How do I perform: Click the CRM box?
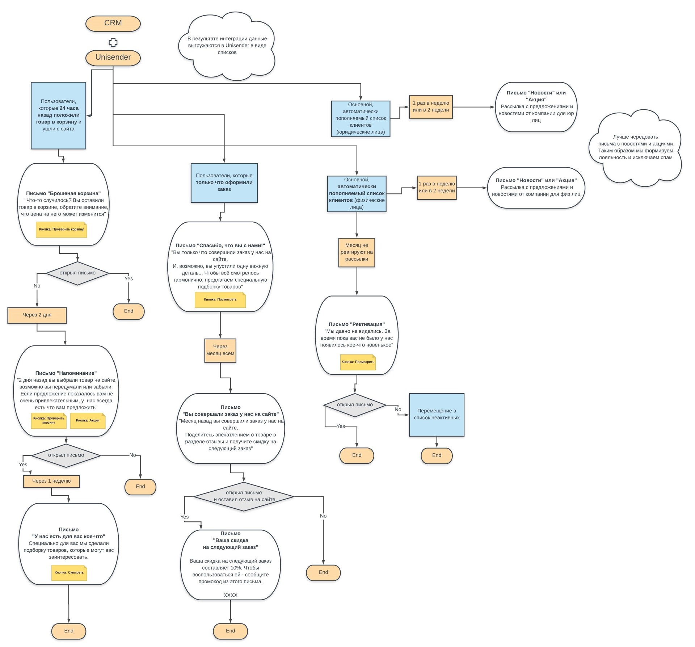(x=113, y=24)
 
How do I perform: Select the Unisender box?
(x=113, y=58)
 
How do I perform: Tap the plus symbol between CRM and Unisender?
(x=113, y=42)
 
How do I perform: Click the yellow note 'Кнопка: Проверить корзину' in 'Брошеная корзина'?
(x=62, y=230)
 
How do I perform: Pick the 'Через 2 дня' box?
(x=37, y=315)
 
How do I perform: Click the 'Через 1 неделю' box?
(x=51, y=481)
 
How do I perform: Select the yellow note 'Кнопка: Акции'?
(x=88, y=421)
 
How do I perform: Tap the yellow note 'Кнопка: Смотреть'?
(x=69, y=573)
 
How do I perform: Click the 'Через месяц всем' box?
(x=220, y=350)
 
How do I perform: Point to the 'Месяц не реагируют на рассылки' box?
(x=357, y=252)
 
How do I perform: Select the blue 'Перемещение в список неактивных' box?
(x=437, y=415)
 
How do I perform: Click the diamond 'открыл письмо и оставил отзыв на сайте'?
(x=244, y=496)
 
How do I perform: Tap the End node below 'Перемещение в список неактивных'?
(x=437, y=455)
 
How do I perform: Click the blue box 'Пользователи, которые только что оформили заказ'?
(x=224, y=183)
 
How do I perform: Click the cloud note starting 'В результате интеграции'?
(x=227, y=46)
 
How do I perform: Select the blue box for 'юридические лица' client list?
(x=361, y=119)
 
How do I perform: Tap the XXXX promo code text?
(x=231, y=595)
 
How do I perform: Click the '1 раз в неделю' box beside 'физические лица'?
(x=437, y=188)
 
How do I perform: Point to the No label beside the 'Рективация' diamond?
(x=398, y=409)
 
